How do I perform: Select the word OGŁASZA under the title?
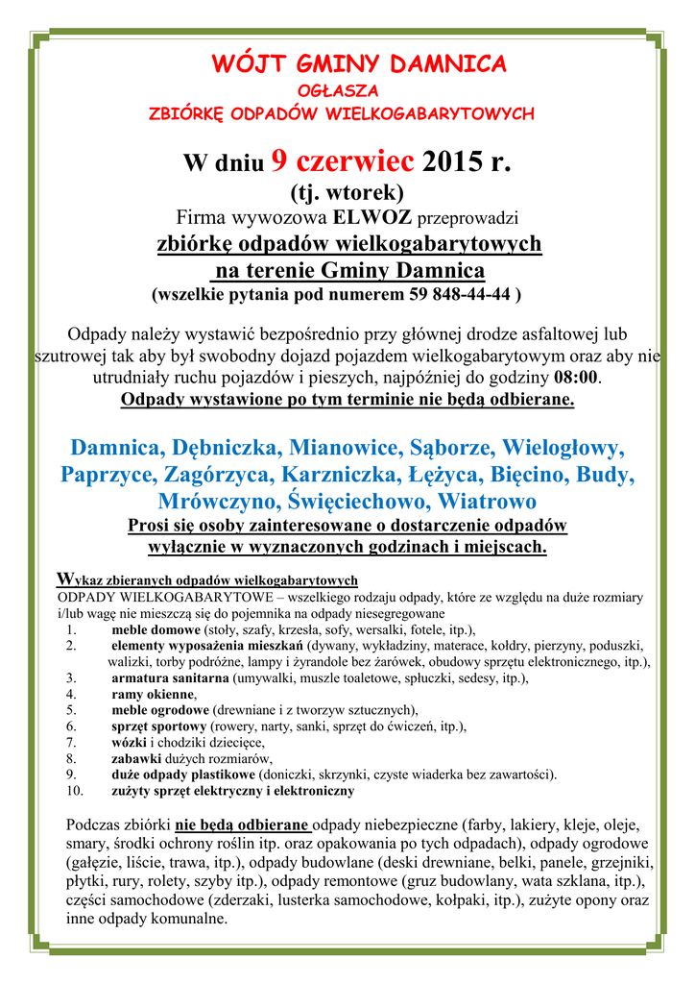point(347,90)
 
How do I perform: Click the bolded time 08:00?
point(576,377)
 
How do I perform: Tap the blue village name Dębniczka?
point(226,448)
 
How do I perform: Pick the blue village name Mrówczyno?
point(219,502)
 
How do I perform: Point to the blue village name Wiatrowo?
point(487,502)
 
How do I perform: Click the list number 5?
point(71,710)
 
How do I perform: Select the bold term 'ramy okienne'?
point(153,694)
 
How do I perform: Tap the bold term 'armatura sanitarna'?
point(170,677)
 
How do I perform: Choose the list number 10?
point(75,791)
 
